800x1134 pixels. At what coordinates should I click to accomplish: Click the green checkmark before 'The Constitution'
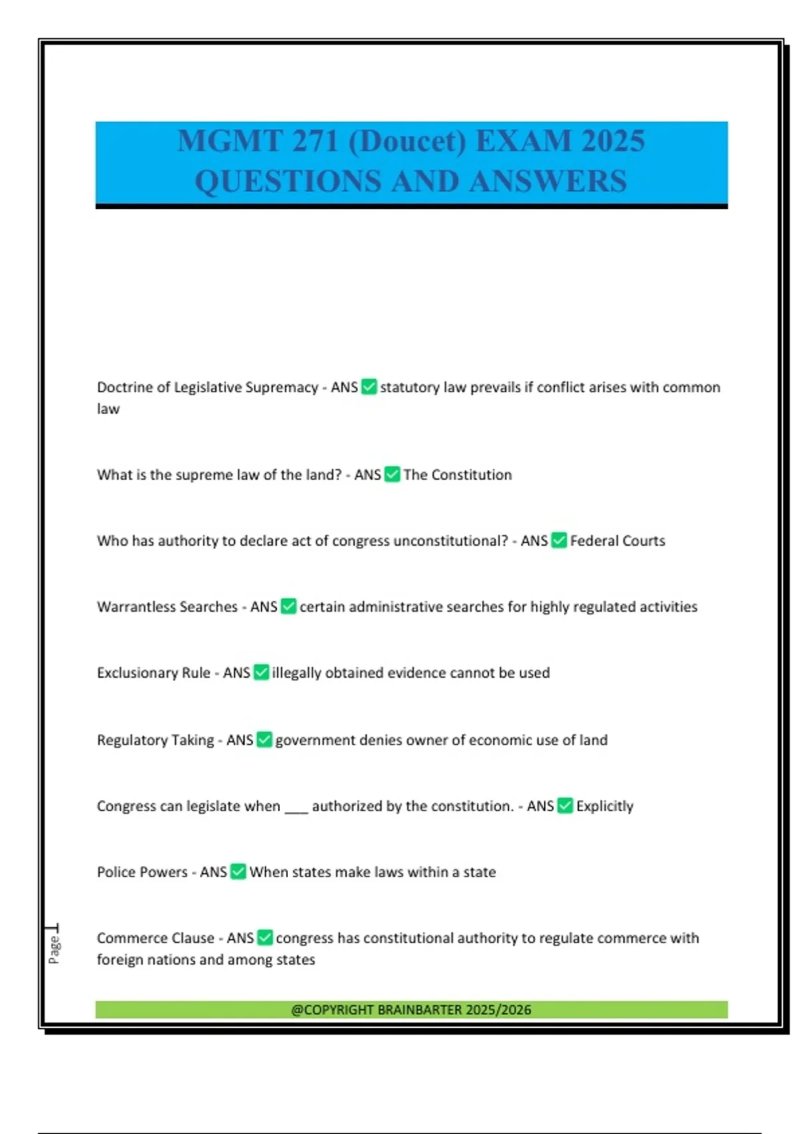click(x=393, y=474)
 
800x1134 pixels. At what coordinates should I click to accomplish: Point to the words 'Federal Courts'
click(x=617, y=540)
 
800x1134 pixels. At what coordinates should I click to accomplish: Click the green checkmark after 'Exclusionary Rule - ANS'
click(x=261, y=672)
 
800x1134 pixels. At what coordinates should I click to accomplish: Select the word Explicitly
click(x=605, y=806)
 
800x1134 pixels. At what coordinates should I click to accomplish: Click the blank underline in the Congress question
click(x=296, y=808)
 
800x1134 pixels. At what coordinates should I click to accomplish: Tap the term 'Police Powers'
click(x=142, y=872)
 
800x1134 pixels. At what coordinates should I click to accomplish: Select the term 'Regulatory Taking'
click(x=155, y=740)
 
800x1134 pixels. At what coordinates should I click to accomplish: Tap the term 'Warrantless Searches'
click(x=167, y=606)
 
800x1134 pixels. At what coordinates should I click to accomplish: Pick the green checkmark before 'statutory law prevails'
click(x=369, y=387)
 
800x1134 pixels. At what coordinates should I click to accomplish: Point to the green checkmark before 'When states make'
click(x=238, y=872)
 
